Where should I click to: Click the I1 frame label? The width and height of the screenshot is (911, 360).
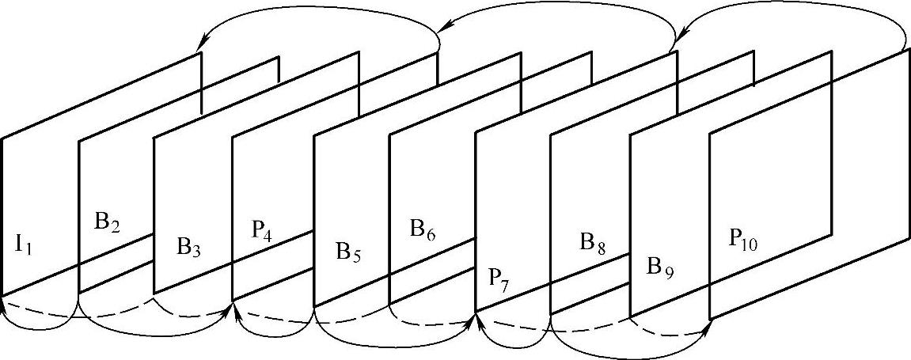(x=24, y=244)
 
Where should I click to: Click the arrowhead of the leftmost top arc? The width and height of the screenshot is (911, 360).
(x=203, y=40)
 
